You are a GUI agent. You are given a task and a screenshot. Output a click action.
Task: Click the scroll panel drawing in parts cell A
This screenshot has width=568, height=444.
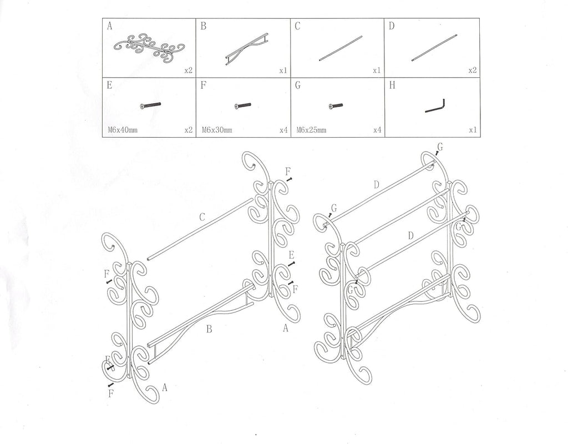(149, 47)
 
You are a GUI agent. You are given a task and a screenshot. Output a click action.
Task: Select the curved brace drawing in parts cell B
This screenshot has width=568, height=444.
(247, 48)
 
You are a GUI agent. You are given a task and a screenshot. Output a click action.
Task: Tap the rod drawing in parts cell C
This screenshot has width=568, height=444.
(341, 48)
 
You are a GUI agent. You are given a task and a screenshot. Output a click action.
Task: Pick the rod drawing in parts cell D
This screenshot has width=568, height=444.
(434, 48)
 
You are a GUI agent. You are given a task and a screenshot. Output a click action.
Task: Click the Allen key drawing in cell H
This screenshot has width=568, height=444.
(435, 105)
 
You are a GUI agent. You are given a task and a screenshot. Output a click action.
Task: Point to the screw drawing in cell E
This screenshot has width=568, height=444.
(150, 105)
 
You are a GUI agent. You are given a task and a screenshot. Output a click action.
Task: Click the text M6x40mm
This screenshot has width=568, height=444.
(122, 130)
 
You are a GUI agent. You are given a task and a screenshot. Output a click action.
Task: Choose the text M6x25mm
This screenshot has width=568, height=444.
(312, 130)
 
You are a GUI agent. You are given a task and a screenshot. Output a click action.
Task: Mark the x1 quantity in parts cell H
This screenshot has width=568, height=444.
(473, 130)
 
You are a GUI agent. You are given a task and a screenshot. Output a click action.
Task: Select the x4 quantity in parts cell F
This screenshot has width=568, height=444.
(284, 130)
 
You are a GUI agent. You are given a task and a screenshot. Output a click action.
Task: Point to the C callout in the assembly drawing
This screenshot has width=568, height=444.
(202, 218)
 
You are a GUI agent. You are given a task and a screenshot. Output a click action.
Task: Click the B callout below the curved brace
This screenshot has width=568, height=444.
(209, 330)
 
